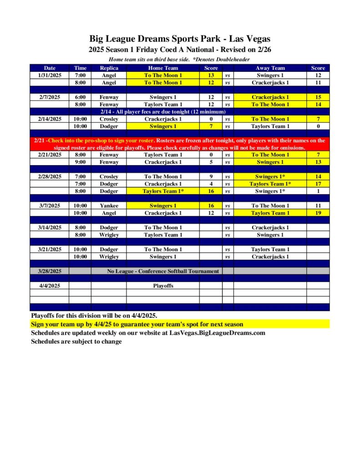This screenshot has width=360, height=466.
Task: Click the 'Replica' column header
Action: point(109,68)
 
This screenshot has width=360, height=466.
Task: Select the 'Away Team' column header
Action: point(270,68)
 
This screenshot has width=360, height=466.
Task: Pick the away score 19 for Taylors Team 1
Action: point(318,213)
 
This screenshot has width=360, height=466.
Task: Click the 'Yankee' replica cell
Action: point(109,206)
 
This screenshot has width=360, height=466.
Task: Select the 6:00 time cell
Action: point(80,97)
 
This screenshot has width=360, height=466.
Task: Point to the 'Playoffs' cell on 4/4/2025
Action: point(162,286)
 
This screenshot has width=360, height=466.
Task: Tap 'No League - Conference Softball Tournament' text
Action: point(163,271)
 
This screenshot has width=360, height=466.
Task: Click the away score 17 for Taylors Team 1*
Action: point(318,184)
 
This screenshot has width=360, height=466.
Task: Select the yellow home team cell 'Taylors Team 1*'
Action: point(162,191)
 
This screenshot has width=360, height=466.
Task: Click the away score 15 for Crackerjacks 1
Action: point(318,97)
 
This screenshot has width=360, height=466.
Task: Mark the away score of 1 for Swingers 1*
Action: point(318,191)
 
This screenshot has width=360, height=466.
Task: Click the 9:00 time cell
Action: point(80,162)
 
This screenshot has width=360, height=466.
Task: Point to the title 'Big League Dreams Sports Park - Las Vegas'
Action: point(180,39)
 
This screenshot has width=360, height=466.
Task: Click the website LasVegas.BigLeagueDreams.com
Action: point(217,333)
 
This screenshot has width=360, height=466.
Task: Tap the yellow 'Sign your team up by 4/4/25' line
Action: point(137,324)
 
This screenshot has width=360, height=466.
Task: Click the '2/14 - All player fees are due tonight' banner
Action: point(163,112)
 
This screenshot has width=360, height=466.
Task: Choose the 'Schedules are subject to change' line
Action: point(76,341)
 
